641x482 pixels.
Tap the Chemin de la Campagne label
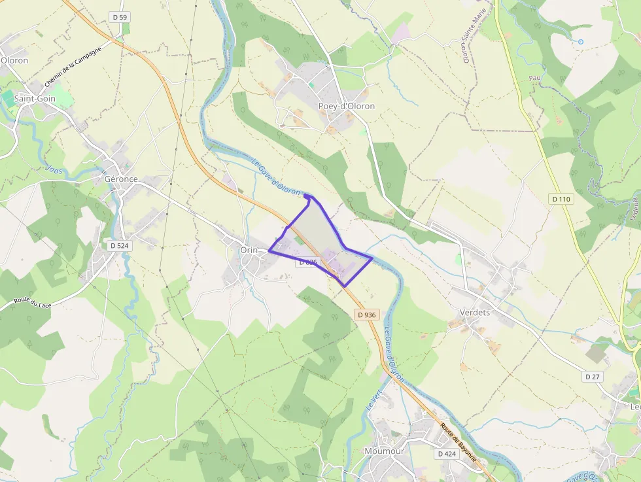pyautogui.click(x=74, y=67)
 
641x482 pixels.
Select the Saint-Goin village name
pyautogui.click(x=35, y=99)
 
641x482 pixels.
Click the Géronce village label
pyautogui.click(x=121, y=179)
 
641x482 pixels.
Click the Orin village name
pyautogui.click(x=249, y=250)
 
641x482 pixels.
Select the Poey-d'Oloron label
pyautogui.click(x=347, y=106)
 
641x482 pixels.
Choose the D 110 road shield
pyautogui.click(x=561, y=198)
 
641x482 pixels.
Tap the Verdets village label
pyautogui.click(x=474, y=313)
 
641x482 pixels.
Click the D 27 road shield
pyautogui.click(x=593, y=377)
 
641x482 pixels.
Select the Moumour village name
pyautogui.click(x=384, y=451)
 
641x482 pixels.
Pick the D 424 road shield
pyautogui.click(x=447, y=453)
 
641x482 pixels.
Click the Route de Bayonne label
pyautogui.click(x=458, y=442)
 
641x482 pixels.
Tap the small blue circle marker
pyautogui.click(x=580, y=42)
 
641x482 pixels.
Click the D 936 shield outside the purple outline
pyautogui.click(x=367, y=315)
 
